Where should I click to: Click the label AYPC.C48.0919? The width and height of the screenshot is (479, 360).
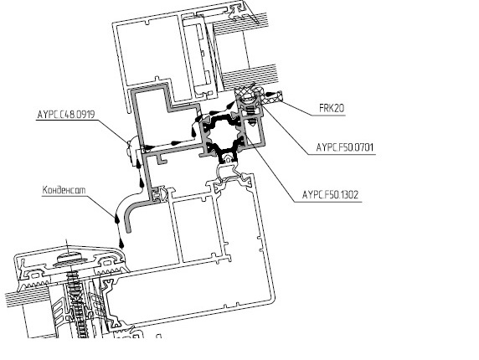point(66,115)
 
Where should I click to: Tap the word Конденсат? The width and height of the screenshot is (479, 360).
point(64,190)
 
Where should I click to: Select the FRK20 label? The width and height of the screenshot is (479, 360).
point(332,108)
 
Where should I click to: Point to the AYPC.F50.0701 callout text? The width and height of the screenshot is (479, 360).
point(344,147)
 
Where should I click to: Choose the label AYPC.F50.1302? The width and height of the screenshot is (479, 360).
point(330,194)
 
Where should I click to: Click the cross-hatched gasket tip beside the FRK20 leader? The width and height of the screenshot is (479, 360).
point(275,95)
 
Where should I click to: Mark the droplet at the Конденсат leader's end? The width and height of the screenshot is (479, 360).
point(116,219)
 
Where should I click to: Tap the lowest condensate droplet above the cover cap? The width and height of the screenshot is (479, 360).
point(121,243)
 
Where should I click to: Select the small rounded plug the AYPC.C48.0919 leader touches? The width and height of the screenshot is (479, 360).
point(131,152)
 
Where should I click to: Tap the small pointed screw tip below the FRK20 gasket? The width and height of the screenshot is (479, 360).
point(251,121)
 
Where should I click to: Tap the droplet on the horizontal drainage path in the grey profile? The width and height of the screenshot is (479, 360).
point(176,142)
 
